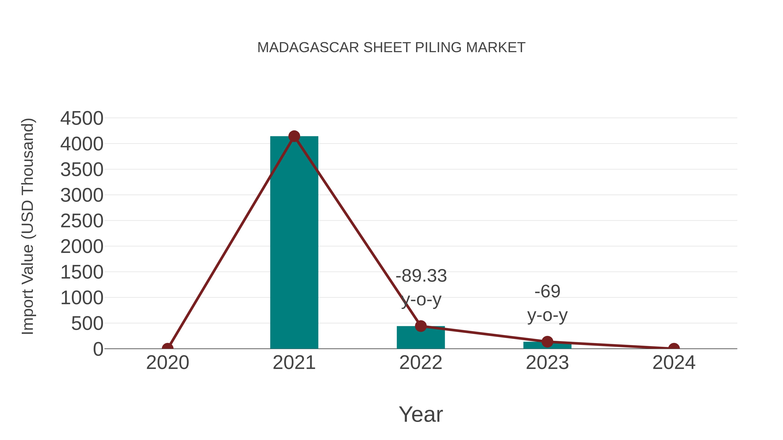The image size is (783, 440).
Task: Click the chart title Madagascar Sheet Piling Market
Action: [x=391, y=48]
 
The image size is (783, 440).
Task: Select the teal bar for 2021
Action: [x=294, y=243]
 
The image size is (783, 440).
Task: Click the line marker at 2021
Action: [x=294, y=136]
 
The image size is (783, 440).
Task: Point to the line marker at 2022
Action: [x=421, y=326]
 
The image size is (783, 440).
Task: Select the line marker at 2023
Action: [x=547, y=342]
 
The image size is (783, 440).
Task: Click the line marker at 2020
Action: [x=167, y=348]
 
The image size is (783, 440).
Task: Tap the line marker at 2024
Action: [x=674, y=348]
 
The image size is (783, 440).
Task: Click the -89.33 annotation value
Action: [x=421, y=276]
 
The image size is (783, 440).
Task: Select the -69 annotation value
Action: [x=547, y=292]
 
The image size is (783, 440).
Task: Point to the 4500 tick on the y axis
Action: [x=82, y=118]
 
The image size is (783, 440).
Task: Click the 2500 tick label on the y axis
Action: [x=82, y=221]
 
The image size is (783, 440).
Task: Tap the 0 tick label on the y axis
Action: [x=98, y=349]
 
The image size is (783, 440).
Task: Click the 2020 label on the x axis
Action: [x=167, y=363]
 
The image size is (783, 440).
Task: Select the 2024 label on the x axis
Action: [x=674, y=363]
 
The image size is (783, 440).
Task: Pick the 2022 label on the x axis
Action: [x=421, y=363]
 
